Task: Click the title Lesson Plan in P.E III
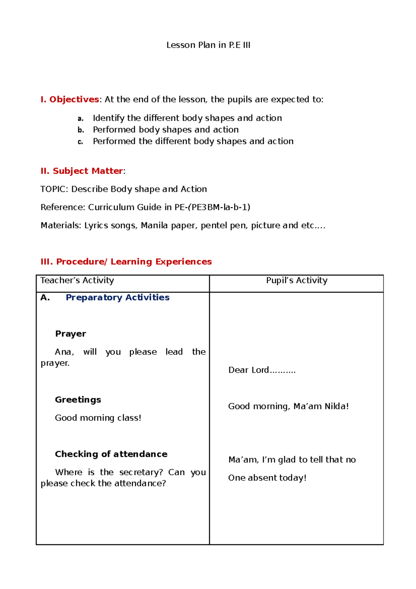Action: (x=208, y=45)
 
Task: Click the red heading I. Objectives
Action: (x=70, y=100)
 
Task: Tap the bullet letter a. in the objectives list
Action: (x=80, y=119)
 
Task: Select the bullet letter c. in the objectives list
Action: (x=80, y=142)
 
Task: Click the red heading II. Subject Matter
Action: (x=82, y=171)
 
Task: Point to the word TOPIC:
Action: (x=54, y=189)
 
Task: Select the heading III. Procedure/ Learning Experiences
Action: (x=126, y=262)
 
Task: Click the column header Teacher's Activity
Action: (x=77, y=280)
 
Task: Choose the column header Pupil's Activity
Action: (x=296, y=280)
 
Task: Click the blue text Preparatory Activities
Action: (x=118, y=297)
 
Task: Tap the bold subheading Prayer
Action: (x=70, y=334)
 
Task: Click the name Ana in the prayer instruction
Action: (x=63, y=352)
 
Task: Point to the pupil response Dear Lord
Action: (x=249, y=370)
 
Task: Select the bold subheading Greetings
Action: (x=78, y=400)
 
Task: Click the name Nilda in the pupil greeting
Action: (x=336, y=406)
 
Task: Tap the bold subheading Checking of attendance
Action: (x=111, y=454)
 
